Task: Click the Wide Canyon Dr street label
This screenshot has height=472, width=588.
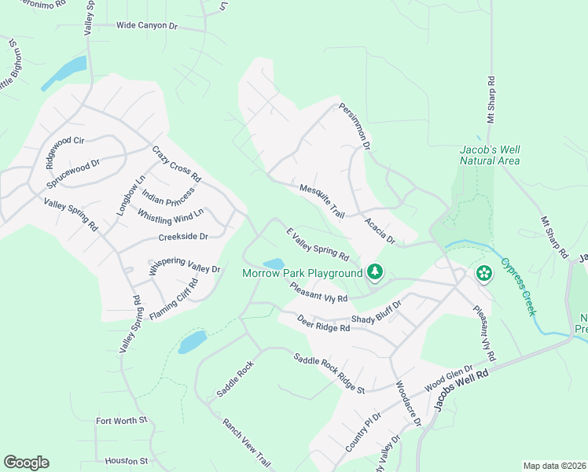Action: point(148,25)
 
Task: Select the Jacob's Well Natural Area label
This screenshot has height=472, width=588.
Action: point(490,155)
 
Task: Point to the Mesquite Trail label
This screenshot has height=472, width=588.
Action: point(322,201)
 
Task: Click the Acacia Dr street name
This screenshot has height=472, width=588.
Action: point(379,230)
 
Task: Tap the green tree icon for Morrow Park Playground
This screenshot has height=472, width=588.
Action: point(376,272)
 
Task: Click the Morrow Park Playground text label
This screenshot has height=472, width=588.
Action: point(302,273)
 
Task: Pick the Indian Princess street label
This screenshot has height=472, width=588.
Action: point(167,196)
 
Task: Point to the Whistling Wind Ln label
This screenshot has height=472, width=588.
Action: point(171,214)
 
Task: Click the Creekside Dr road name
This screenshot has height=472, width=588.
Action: point(183,236)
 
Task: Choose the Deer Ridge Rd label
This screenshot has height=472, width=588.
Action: point(323,323)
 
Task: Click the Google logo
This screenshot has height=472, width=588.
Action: point(26,463)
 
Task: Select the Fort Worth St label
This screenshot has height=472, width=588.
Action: point(122,421)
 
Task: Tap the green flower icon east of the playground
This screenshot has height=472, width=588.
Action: point(483,273)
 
